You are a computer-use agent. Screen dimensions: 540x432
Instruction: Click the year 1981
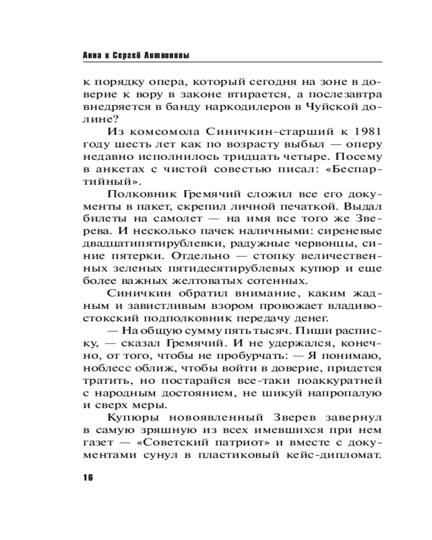click(367, 132)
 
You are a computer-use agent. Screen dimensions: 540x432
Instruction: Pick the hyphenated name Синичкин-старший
click(255, 132)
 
